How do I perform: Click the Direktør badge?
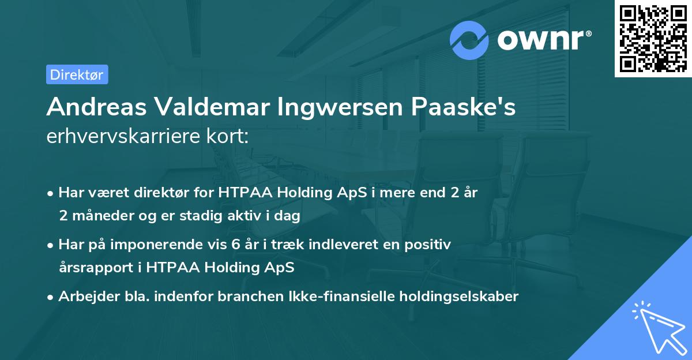coord(77,74)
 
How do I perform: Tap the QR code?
coord(652,37)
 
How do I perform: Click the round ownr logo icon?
coord(469,40)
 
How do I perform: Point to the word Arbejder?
coord(85,297)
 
